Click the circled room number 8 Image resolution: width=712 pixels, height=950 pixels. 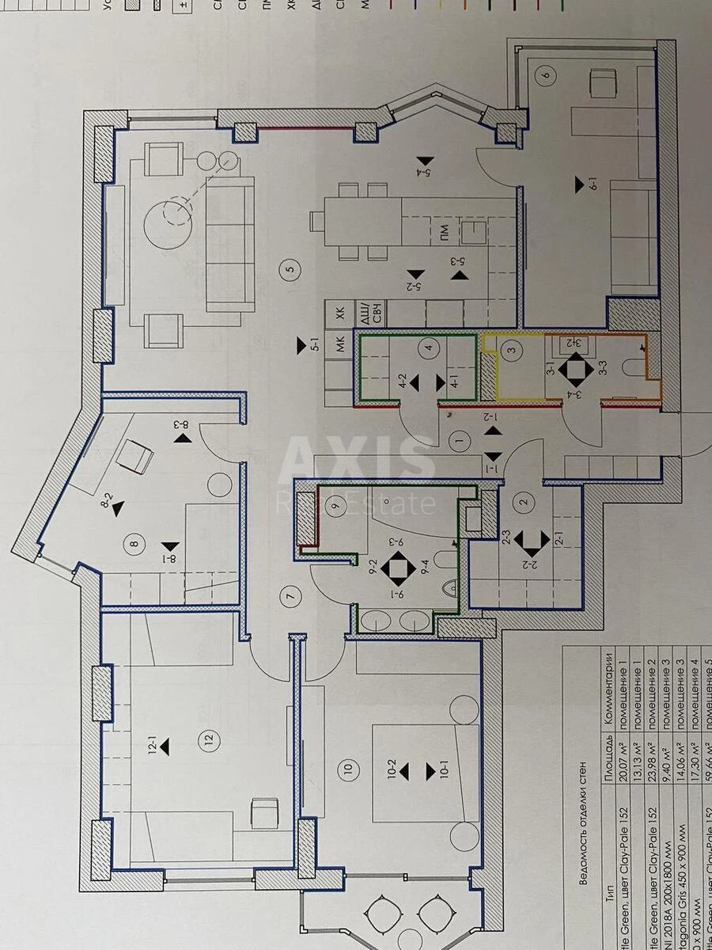[134, 543]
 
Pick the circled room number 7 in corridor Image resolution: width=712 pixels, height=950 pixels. [291, 599]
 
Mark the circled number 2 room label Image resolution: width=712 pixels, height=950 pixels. [523, 500]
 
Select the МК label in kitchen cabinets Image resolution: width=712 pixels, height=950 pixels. [341, 345]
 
